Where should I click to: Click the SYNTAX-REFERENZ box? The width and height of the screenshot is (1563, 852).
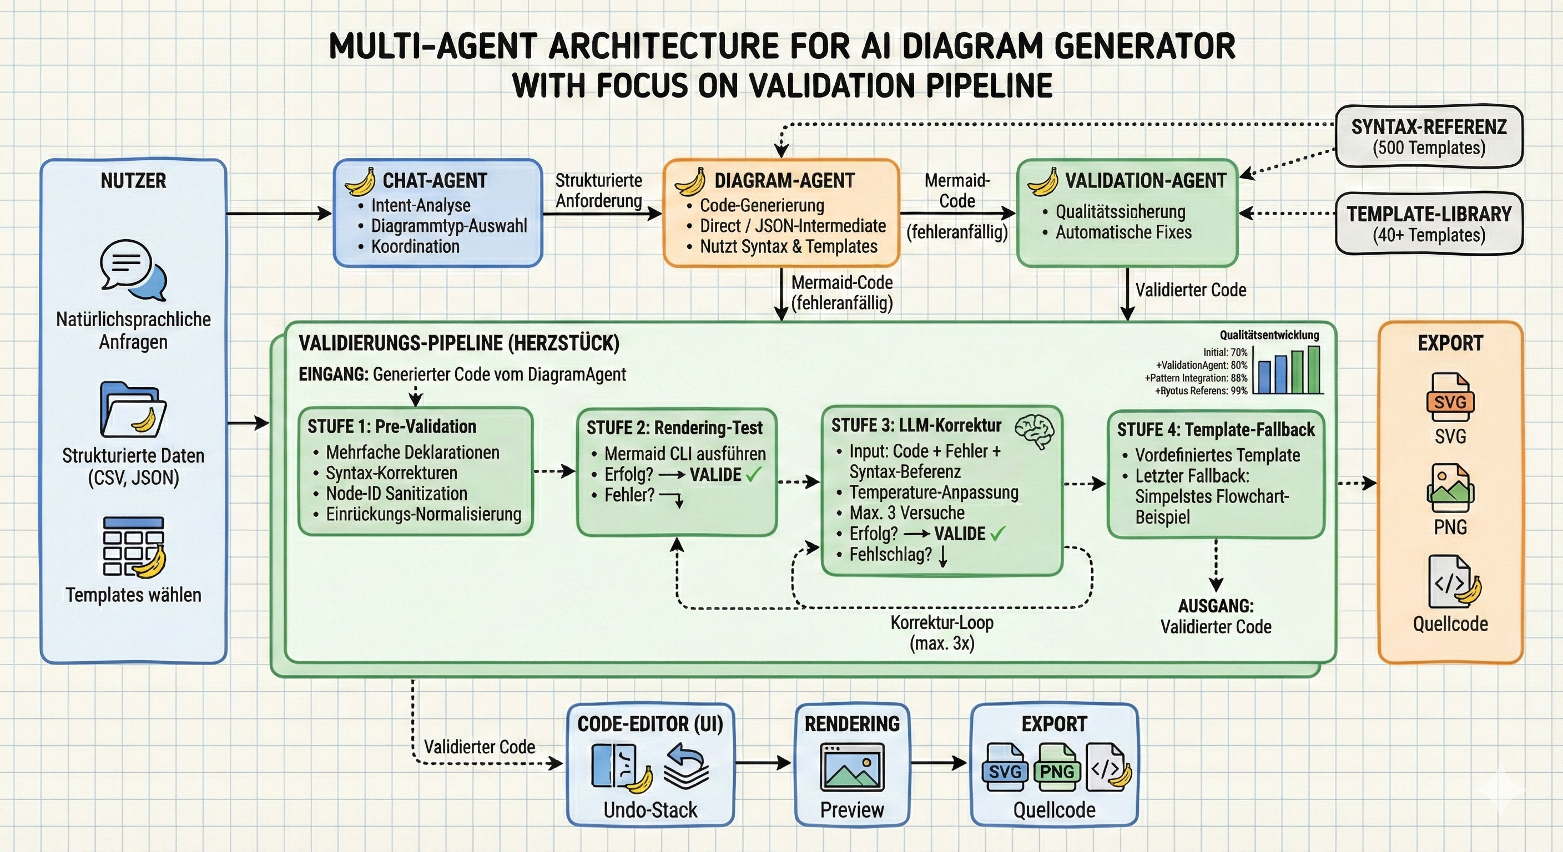(1429, 136)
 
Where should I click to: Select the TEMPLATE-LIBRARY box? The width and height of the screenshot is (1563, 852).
(1429, 223)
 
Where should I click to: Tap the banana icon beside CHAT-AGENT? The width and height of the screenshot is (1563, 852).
(360, 181)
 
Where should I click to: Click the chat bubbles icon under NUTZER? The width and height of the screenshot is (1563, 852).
(133, 269)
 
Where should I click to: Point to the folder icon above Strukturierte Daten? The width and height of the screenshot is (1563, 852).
(133, 409)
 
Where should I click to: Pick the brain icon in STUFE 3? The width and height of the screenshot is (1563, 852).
(1035, 431)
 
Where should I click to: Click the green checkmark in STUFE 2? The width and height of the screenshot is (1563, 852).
(753, 474)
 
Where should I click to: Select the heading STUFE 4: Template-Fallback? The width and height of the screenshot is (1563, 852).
(1216, 429)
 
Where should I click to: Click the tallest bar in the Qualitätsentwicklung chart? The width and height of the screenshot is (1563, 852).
(1314, 370)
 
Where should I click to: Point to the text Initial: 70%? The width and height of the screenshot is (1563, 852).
(1226, 352)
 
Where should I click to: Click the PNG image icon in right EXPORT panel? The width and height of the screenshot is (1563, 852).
(1450, 488)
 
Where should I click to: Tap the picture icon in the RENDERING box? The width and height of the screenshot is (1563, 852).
(852, 767)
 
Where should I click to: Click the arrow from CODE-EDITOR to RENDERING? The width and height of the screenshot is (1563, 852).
(763, 763)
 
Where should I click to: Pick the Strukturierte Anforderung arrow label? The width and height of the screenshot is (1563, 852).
(599, 190)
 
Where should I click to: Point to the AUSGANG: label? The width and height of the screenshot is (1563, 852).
(1216, 606)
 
